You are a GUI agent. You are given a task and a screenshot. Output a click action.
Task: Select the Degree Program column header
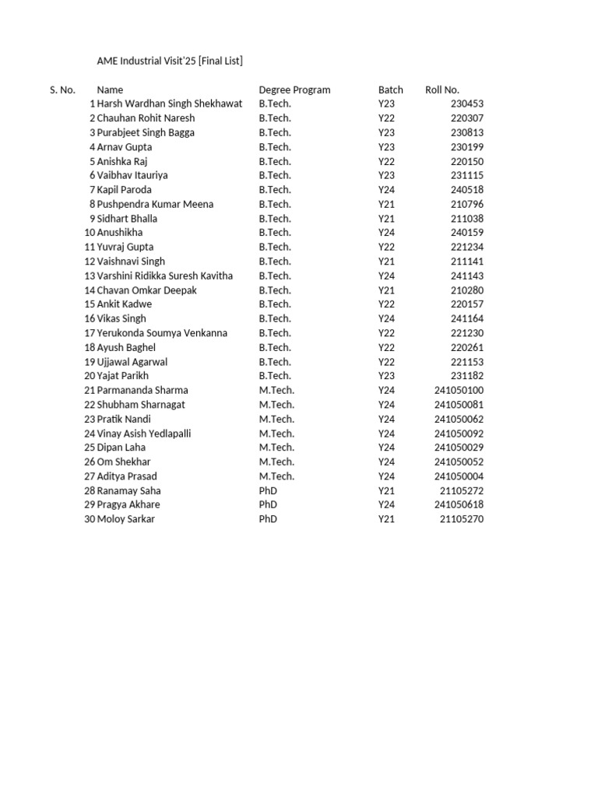tap(294, 90)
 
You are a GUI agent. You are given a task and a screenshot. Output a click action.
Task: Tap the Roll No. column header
tap(442, 90)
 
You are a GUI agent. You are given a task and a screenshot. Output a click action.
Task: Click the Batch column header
tap(390, 90)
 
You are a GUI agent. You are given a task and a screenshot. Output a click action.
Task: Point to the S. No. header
tap(62, 90)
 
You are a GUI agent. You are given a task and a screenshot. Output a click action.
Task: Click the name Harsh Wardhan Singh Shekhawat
tap(170, 104)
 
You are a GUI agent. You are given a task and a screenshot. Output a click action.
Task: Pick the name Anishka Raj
tap(123, 162)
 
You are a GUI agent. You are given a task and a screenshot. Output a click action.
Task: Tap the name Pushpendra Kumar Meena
tap(155, 205)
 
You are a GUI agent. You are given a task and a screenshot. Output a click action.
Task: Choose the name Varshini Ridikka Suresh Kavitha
tap(164, 276)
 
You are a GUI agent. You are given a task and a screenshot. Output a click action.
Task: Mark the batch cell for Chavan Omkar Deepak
tap(386, 290)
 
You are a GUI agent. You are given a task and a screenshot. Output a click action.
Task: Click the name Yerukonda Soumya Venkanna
tap(162, 333)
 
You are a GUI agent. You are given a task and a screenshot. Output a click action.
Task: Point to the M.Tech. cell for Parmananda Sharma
tap(276, 390)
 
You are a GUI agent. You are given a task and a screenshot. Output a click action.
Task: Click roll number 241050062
tap(459, 419)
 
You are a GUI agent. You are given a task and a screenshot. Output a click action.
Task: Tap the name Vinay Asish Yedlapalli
tap(144, 434)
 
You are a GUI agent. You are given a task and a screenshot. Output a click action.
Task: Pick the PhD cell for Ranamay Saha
tap(268, 491)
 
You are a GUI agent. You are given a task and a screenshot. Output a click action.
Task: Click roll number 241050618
tap(459, 505)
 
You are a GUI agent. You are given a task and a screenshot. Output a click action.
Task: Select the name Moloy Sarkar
tap(125, 519)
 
